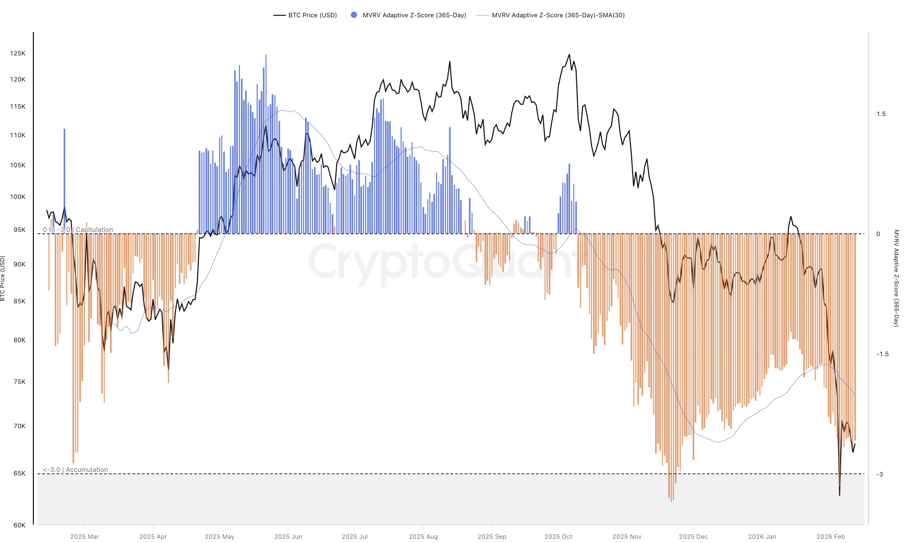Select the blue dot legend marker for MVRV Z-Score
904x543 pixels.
[354, 15]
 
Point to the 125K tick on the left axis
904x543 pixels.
[18, 53]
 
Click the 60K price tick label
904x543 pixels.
[19, 525]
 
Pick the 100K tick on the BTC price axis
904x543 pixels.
[18, 197]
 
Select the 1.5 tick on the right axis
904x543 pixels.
[881, 114]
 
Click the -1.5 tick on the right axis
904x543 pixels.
[882, 354]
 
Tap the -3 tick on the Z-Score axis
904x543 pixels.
[880, 474]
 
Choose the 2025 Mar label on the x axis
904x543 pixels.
[84, 536]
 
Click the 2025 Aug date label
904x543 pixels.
[423, 536]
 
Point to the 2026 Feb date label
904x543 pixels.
[831, 536]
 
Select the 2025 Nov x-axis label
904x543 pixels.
[627, 536]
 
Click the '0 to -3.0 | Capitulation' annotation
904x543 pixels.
[78, 229]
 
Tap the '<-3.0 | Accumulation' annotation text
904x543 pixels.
[75, 469]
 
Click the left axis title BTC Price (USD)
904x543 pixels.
[3, 278]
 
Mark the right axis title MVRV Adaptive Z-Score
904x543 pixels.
[896, 278]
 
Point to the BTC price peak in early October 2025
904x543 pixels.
[569, 55]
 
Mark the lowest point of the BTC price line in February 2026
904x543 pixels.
[839, 495]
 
